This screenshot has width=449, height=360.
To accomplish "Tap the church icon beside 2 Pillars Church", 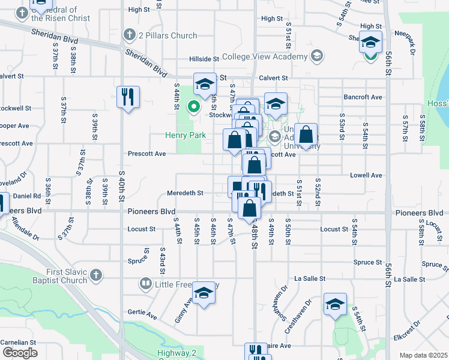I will click(128, 35).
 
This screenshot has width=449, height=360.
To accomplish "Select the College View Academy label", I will click(264, 57).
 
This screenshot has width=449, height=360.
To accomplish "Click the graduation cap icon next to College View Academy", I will click(317, 57).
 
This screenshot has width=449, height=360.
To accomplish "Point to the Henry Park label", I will click(185, 136).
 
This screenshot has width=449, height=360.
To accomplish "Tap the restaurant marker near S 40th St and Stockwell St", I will click(128, 97).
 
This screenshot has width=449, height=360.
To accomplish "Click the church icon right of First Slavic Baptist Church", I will click(96, 277).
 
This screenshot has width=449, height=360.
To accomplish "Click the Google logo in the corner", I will click(20, 353).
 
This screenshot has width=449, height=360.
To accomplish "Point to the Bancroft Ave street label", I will click(363, 97).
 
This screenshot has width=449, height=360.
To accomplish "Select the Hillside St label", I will click(203, 59).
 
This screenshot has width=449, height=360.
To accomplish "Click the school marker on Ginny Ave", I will click(204, 293).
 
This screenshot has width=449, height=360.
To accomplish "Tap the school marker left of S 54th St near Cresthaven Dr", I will click(335, 304).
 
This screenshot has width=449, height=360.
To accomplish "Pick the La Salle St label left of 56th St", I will click(310, 278).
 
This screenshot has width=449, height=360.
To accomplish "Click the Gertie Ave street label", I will click(142, 313).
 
